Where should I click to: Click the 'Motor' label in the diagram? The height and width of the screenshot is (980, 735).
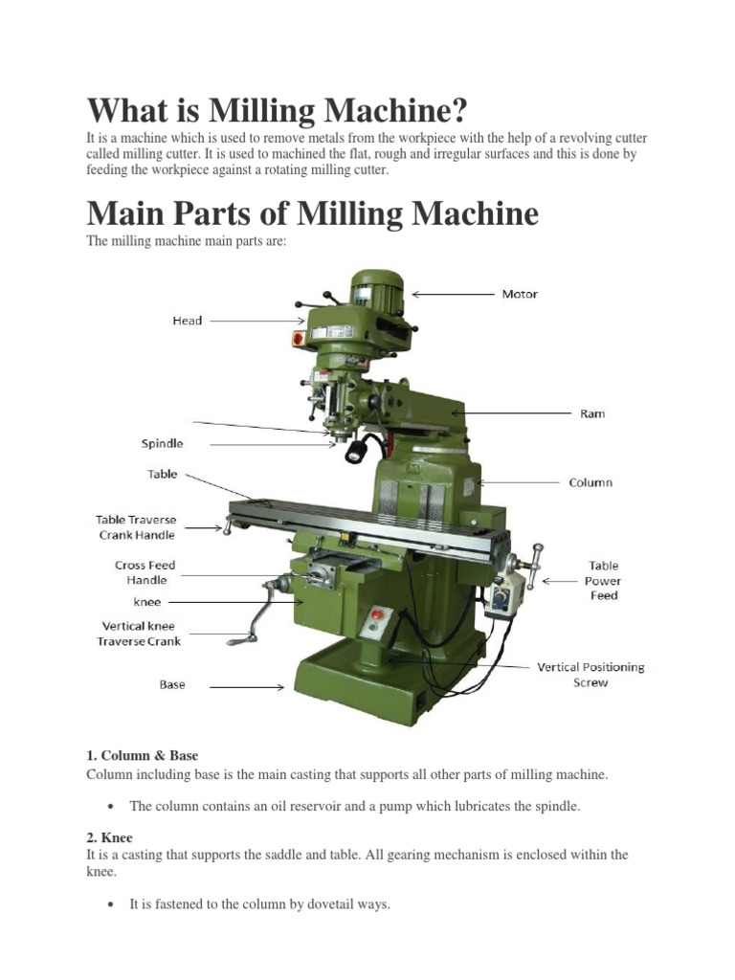[x=520, y=294]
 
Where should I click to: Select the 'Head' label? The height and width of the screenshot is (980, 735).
[x=187, y=321]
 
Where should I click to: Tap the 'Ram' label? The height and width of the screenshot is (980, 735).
[x=592, y=413]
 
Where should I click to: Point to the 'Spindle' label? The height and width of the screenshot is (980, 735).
[x=163, y=444]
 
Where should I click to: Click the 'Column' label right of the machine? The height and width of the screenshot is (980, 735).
[x=590, y=482]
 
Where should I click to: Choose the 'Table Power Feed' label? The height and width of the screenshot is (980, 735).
[x=603, y=580]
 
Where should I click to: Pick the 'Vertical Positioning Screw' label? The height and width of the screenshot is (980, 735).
[x=590, y=675]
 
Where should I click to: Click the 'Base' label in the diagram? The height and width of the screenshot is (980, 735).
[x=172, y=685]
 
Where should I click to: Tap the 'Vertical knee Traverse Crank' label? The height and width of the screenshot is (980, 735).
[x=139, y=634]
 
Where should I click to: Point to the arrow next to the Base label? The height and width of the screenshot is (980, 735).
[x=247, y=686]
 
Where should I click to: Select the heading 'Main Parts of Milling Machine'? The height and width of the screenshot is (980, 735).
[x=312, y=212]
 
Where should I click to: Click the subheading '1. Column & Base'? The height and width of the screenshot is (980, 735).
[x=142, y=755]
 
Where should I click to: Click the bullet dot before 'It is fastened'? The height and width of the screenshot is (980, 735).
[x=113, y=903]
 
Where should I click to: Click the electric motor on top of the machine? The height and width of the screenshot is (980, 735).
[x=375, y=288]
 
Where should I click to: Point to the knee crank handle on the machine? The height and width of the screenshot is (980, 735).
[x=259, y=612]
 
